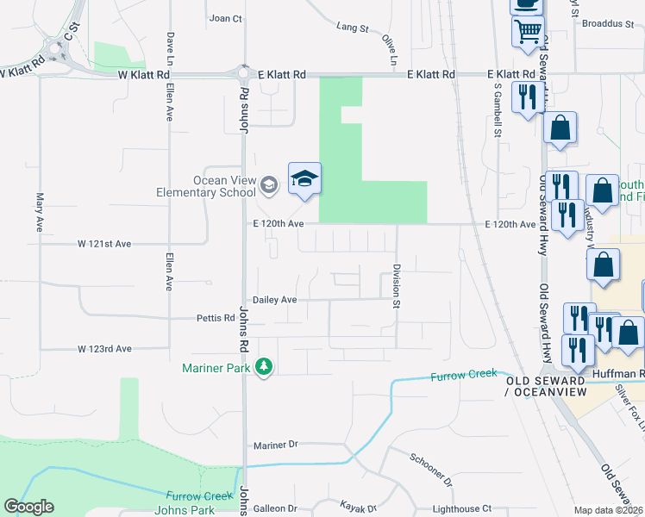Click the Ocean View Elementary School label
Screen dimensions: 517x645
206,186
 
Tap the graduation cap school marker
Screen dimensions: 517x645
304,178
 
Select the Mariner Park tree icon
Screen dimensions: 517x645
264,367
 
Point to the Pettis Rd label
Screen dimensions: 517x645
216,318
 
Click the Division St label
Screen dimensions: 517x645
398,286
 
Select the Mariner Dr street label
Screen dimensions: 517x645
276,445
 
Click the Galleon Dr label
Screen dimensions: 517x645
275,509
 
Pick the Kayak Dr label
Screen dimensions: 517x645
360,509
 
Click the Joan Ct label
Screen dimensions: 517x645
226,18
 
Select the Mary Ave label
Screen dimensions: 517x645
40,212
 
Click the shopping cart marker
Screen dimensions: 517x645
528,33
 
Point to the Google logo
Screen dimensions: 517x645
28,507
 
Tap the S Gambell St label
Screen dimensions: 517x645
498,110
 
